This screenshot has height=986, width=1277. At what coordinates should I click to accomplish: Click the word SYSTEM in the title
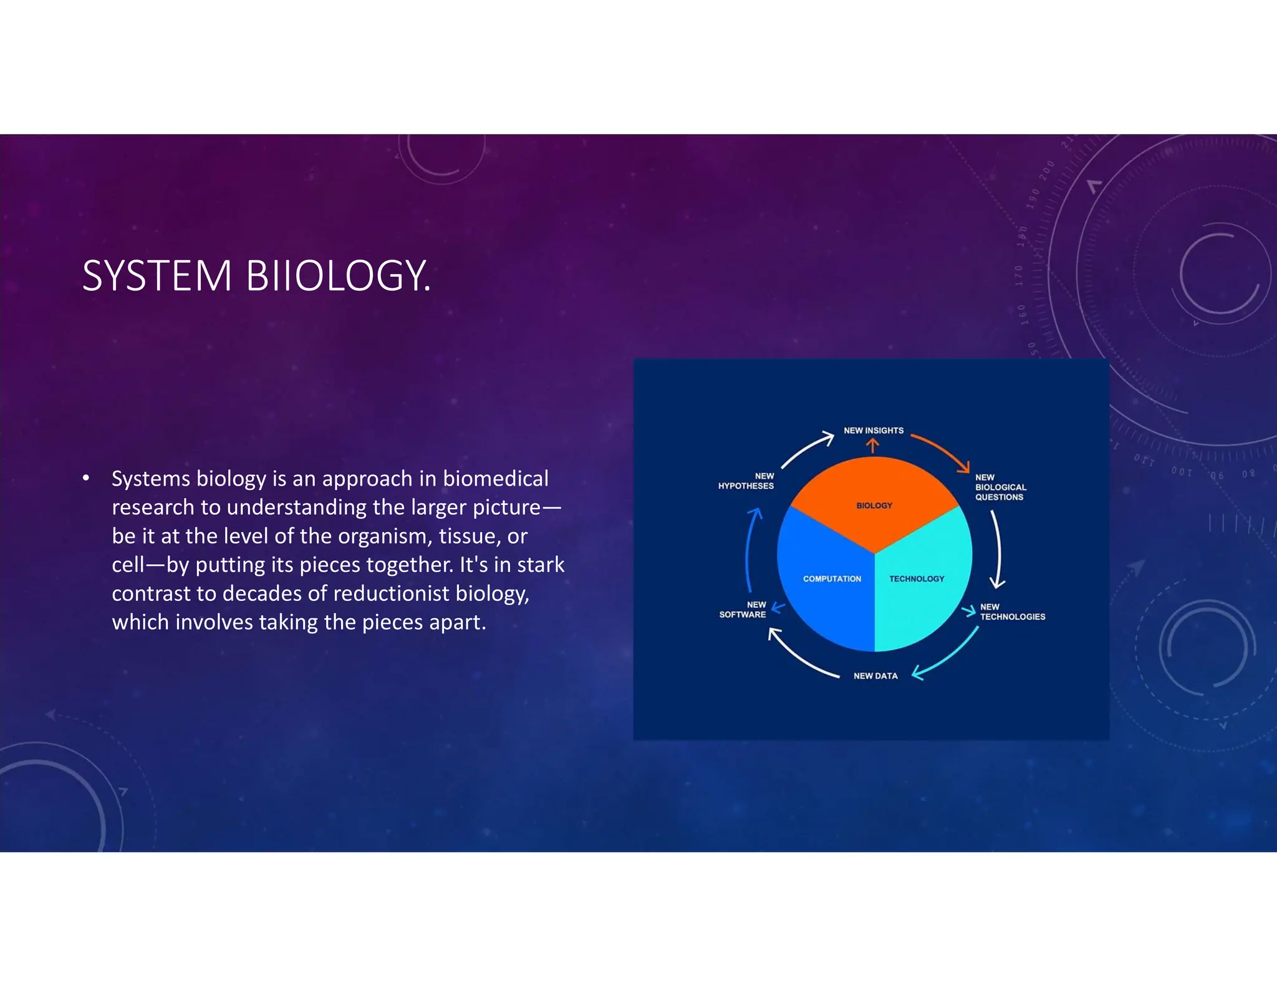click(157, 276)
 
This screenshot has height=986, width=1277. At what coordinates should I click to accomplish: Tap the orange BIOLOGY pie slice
click(874, 499)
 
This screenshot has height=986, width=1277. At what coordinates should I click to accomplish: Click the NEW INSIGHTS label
click(873, 431)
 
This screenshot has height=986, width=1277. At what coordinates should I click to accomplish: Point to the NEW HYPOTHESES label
click(746, 481)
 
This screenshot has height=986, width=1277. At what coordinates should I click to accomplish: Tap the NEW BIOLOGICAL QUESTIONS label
click(1000, 487)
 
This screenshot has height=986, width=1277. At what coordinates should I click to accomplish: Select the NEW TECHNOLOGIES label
click(1011, 612)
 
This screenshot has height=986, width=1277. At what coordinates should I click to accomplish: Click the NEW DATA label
click(875, 676)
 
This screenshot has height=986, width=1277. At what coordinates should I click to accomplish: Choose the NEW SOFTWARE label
click(743, 610)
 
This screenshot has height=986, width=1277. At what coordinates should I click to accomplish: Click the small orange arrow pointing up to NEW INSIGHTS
click(873, 446)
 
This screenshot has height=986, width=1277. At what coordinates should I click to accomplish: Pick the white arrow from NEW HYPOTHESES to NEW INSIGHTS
click(806, 450)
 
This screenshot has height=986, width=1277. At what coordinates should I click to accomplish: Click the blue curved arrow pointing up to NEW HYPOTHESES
click(750, 548)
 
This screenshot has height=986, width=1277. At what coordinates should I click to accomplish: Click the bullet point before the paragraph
click(86, 479)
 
